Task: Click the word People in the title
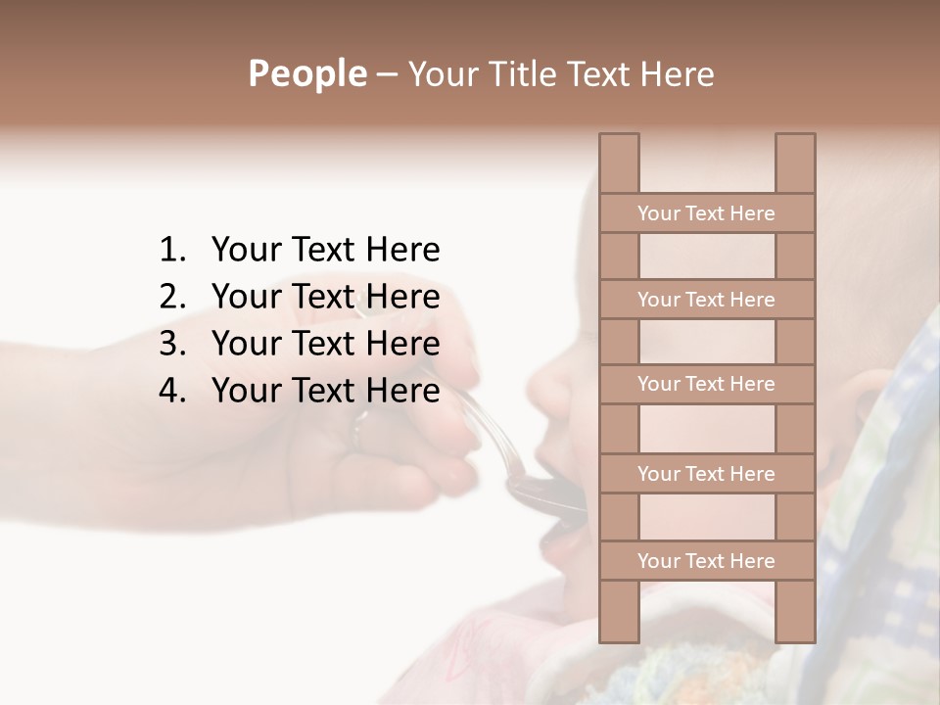pyautogui.click(x=306, y=73)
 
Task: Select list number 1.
pyautogui.click(x=171, y=251)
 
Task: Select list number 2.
pyautogui.click(x=171, y=297)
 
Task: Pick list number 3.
pyautogui.click(x=171, y=344)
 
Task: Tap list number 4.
pyautogui.click(x=171, y=391)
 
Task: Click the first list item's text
pyautogui.click(x=325, y=251)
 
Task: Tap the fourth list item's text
pyautogui.click(x=325, y=391)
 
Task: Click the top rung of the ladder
pyautogui.click(x=706, y=213)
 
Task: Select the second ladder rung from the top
pyautogui.click(x=706, y=300)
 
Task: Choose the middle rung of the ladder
pyautogui.click(x=706, y=384)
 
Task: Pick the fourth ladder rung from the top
pyautogui.click(x=706, y=474)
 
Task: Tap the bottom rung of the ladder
pyautogui.click(x=706, y=561)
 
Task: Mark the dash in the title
pyautogui.click(x=386, y=74)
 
